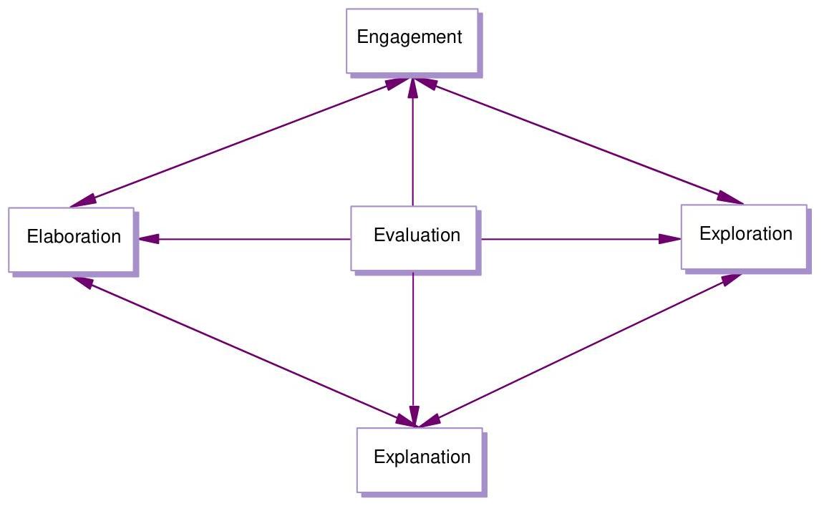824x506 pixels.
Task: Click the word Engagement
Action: click(x=409, y=37)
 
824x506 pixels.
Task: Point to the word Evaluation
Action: click(x=417, y=235)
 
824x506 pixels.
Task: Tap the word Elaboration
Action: click(x=74, y=236)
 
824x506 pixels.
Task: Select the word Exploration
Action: click(x=745, y=234)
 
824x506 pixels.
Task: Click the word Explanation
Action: click(x=422, y=457)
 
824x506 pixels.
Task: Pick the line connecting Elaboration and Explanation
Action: click(x=243, y=351)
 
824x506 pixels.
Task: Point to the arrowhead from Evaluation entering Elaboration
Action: click(x=148, y=239)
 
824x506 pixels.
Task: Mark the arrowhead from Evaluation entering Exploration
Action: click(x=670, y=239)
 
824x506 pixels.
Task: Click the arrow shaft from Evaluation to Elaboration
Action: click(x=251, y=239)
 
